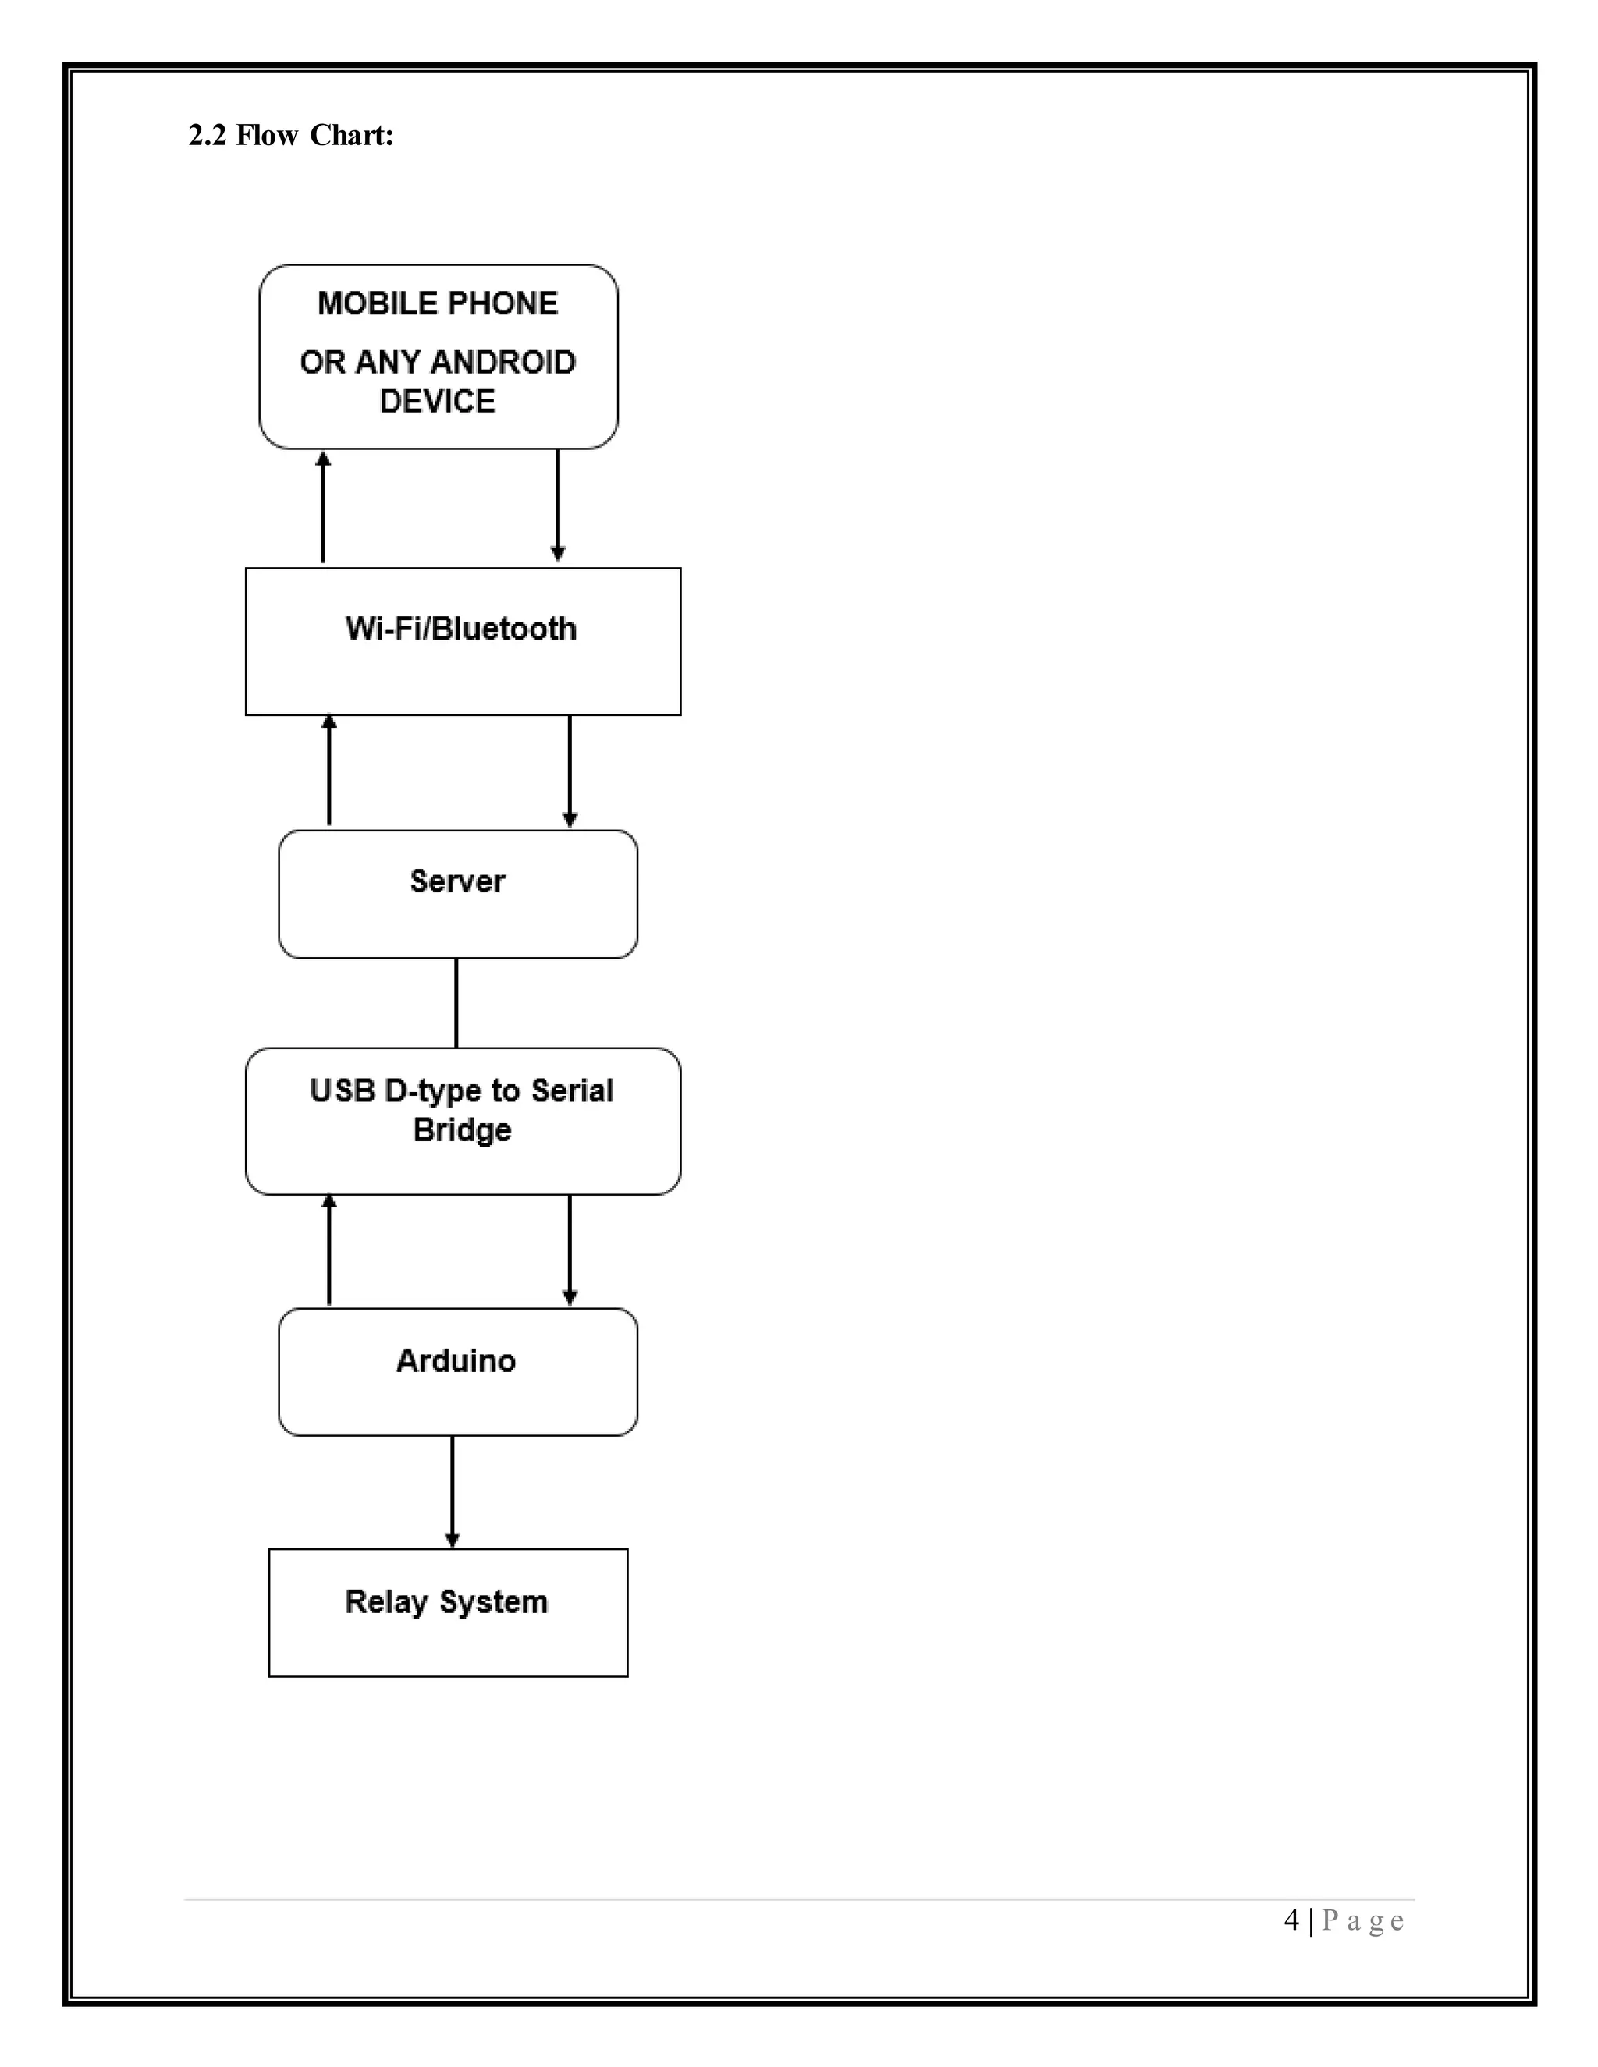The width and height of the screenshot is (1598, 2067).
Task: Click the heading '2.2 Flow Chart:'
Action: coord(290,136)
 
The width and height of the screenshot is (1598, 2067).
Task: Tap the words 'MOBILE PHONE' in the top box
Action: coord(438,303)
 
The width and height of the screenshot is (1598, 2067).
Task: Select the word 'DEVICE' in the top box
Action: coord(438,401)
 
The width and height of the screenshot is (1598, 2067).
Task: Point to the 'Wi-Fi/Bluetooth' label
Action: coord(461,629)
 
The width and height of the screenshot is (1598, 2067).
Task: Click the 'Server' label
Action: coord(457,881)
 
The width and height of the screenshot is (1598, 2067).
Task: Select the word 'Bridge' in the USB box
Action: coord(462,1130)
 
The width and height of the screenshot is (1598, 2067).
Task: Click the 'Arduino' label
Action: coord(456,1361)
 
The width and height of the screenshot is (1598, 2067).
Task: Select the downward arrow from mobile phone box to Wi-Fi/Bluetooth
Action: coord(558,507)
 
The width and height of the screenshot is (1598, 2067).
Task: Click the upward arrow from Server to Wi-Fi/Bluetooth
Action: coord(329,771)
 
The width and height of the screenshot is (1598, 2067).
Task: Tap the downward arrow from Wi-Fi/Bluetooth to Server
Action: coord(569,771)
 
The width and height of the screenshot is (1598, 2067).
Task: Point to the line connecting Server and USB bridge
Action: coord(456,1002)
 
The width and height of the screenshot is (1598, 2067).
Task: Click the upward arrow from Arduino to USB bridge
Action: coord(329,1250)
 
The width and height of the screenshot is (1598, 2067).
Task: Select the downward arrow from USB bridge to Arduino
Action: coord(569,1250)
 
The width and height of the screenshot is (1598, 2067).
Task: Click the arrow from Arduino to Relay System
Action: coord(453,1491)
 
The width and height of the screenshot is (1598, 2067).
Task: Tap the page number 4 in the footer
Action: coord(1291,1920)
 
